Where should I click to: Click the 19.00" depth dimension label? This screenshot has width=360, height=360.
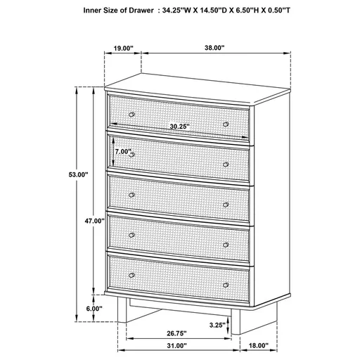(123, 49)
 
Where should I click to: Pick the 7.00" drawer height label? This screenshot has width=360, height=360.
(123, 151)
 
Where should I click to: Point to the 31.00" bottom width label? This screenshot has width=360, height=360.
(176, 345)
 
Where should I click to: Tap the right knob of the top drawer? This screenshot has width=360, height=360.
(226, 124)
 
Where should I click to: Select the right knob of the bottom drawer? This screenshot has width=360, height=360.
(226, 285)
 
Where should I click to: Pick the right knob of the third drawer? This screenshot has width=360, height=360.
(226, 204)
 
